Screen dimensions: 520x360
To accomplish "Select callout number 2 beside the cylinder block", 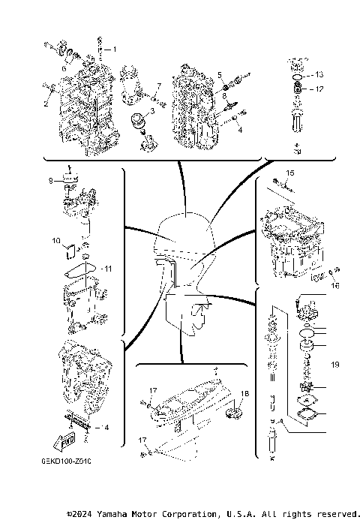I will tap(45, 104).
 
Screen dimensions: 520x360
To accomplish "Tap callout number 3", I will tap(152, 111).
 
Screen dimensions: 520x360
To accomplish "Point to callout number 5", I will tap(220, 74).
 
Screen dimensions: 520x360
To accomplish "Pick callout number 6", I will tap(64, 68).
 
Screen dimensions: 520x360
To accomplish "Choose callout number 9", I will tap(50, 180).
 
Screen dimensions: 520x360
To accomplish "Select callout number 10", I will tap(55, 241).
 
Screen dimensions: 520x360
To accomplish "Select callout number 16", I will tap(335, 286).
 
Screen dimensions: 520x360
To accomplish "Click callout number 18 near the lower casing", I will tap(244, 394).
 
